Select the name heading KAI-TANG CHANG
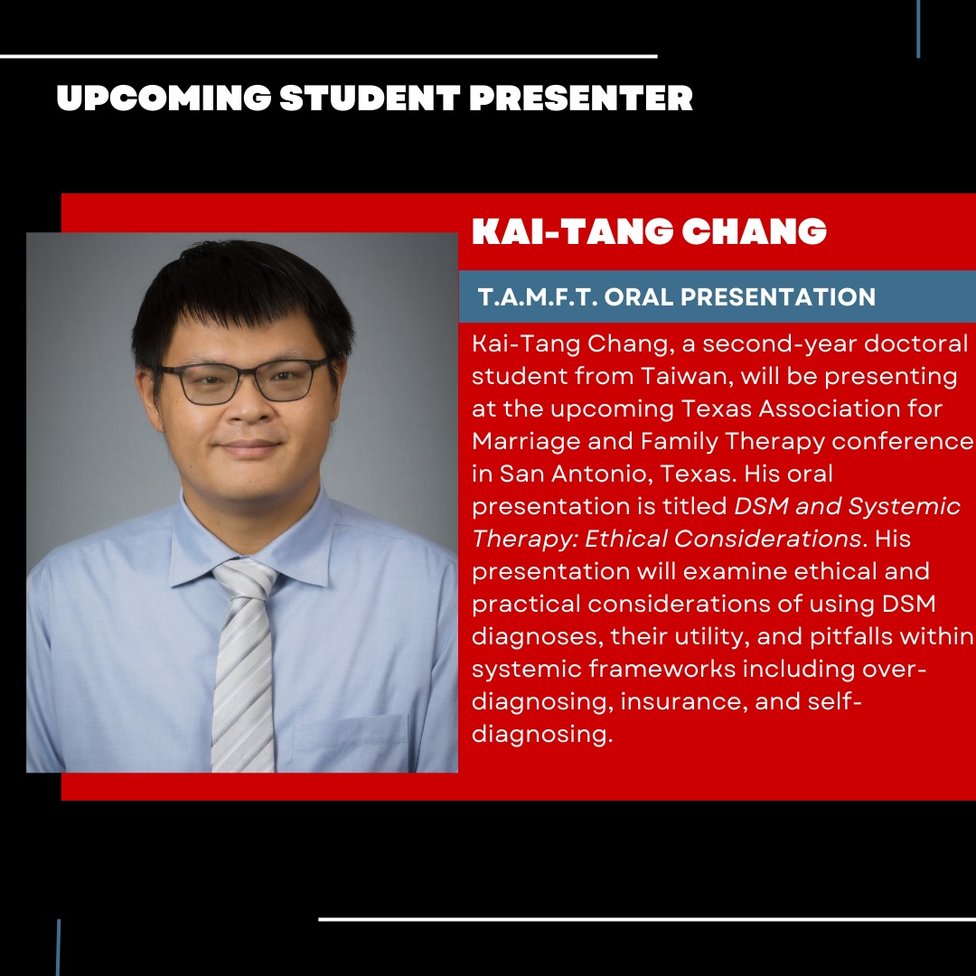[x=649, y=232]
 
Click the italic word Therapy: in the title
[x=525, y=539]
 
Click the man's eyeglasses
[x=241, y=381]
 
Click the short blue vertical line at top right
[x=918, y=29]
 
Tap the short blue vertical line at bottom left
[x=59, y=947]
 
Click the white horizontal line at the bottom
[x=646, y=920]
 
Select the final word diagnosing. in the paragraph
[x=542, y=734]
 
